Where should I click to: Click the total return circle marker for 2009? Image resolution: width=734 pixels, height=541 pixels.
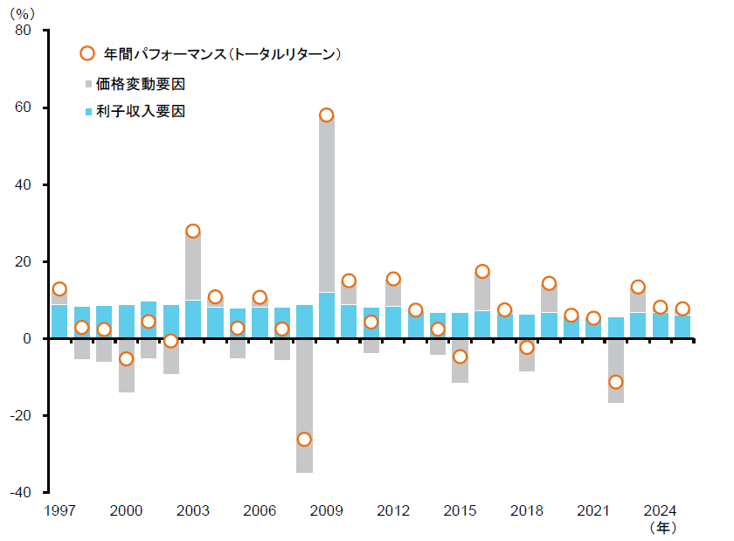tap(326, 115)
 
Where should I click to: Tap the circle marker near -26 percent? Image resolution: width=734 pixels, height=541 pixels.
tap(304, 439)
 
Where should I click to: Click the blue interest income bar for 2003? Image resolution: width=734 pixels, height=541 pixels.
tap(192, 319)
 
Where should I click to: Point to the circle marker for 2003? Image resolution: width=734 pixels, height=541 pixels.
tap(192, 231)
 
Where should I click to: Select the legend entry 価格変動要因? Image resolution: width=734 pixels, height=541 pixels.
tap(141, 84)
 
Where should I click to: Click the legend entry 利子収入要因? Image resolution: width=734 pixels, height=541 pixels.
tap(141, 111)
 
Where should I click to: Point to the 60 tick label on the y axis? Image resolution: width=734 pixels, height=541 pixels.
tap(24, 108)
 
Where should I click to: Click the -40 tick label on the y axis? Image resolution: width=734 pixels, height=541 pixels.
tap(20, 492)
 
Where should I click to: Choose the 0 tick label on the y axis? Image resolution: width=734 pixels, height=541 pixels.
tap(27, 338)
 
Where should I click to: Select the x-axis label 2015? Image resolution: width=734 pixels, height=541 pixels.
tap(460, 510)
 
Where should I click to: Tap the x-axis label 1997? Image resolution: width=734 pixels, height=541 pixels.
tap(59, 510)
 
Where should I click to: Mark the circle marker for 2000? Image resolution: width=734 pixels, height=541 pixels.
tap(126, 358)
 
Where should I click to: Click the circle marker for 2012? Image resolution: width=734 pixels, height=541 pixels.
tap(393, 279)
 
